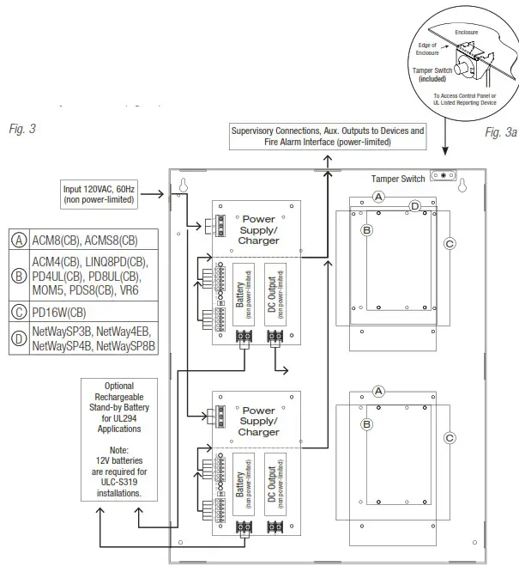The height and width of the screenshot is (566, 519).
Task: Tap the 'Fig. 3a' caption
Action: tap(500, 132)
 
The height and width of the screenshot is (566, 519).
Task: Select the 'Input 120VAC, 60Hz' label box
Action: tap(98, 194)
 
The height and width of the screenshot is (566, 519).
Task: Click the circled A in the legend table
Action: tap(18, 240)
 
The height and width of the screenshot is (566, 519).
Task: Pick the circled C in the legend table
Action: tap(18, 313)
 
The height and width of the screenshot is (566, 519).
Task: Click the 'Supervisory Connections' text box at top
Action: tap(327, 137)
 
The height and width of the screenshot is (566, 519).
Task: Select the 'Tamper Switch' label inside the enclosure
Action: tap(398, 180)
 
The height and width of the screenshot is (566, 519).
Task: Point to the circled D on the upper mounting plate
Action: tap(414, 206)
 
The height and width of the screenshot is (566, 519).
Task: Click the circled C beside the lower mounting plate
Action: tap(449, 437)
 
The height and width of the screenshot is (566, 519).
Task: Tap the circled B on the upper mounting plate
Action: tap(366, 230)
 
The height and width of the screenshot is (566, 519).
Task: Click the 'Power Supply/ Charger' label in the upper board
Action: tap(259, 229)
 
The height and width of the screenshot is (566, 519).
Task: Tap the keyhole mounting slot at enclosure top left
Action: tap(183, 186)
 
